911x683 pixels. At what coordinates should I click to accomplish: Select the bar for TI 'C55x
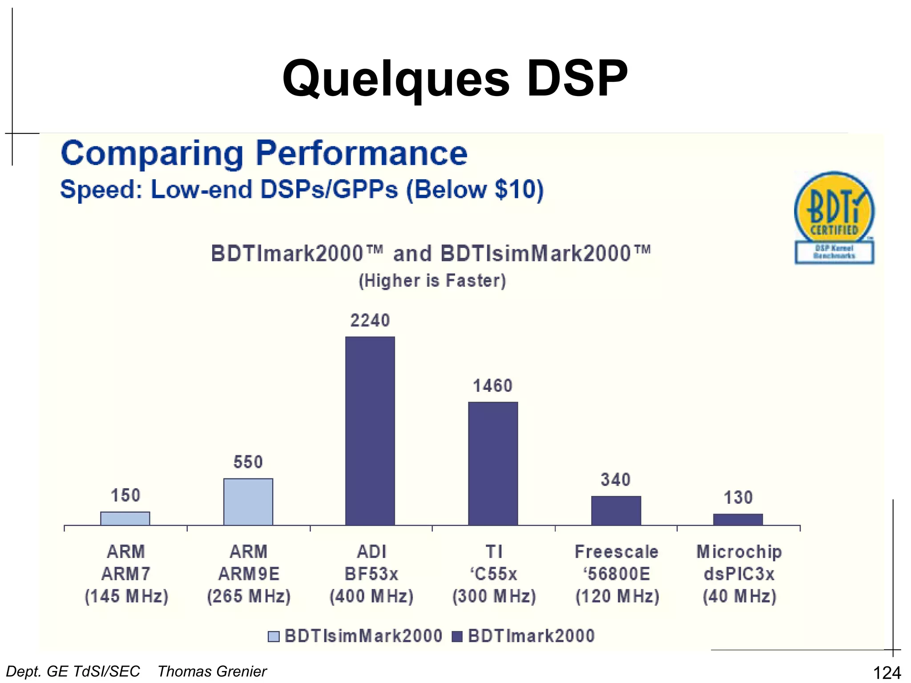pyautogui.click(x=493, y=463)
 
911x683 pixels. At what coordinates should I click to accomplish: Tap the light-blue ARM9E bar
pyautogui.click(x=248, y=502)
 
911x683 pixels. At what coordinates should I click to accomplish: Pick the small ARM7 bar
pyautogui.click(x=125, y=518)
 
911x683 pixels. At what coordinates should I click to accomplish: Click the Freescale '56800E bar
pyautogui.click(x=616, y=510)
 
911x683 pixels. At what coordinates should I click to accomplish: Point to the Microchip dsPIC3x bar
pyautogui.click(x=738, y=519)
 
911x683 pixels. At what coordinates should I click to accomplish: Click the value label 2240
pyautogui.click(x=370, y=321)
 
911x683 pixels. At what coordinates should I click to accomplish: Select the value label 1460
pyautogui.click(x=493, y=386)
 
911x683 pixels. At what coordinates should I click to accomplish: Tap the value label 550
pyautogui.click(x=248, y=462)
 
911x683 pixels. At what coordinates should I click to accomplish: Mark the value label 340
pyautogui.click(x=616, y=480)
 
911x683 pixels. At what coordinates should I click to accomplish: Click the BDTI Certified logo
pyautogui.click(x=834, y=217)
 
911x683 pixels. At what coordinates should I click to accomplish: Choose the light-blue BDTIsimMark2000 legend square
pyautogui.click(x=274, y=636)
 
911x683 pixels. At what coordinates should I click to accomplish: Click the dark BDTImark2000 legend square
pyautogui.click(x=457, y=636)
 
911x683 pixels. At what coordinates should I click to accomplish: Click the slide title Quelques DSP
pyautogui.click(x=455, y=79)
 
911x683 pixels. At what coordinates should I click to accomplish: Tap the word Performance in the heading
pyautogui.click(x=361, y=153)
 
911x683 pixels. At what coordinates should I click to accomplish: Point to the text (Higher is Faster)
pyautogui.click(x=432, y=281)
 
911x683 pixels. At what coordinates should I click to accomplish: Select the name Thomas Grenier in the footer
pyautogui.click(x=212, y=671)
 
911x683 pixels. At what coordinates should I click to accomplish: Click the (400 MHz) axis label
pyautogui.click(x=371, y=596)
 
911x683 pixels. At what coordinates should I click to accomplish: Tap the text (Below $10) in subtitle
pyautogui.click(x=475, y=189)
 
